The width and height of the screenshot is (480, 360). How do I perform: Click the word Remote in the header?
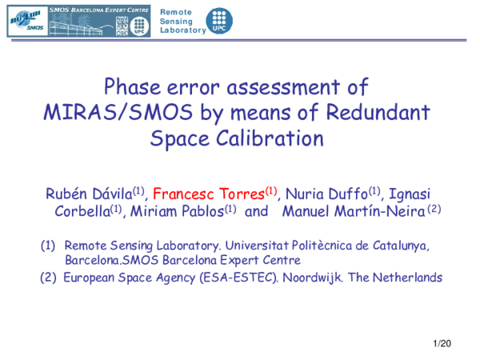click(x=176, y=10)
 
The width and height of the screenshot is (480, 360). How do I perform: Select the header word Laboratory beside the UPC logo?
click(x=182, y=30)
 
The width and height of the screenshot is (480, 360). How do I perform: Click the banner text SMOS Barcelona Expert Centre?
click(x=100, y=7)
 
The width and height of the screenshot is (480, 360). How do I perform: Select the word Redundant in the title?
click(x=380, y=112)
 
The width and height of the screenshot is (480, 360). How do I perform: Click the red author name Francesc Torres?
click(x=209, y=193)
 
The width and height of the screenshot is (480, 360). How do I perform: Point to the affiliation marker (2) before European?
click(x=49, y=278)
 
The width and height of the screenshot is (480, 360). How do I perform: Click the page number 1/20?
click(x=442, y=344)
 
